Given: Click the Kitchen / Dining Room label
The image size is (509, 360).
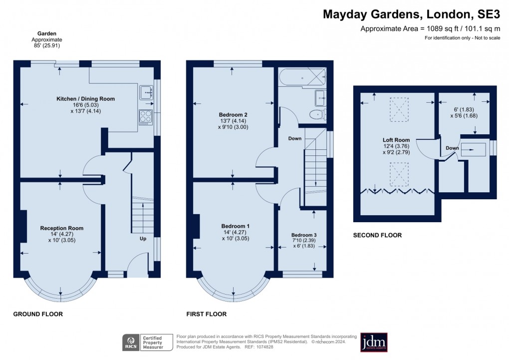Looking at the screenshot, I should click(85, 99).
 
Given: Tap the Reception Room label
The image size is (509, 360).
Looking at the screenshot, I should click(62, 228).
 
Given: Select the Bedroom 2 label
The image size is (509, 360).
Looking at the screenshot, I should click(234, 114).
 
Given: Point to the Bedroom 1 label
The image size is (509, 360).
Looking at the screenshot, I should click(235, 226).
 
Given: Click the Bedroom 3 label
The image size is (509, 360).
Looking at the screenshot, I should click(304, 235).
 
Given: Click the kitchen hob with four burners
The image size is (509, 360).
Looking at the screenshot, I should click(145, 117).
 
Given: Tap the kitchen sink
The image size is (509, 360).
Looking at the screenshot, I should click(146, 92).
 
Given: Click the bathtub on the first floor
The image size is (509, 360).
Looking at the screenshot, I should click(301, 77).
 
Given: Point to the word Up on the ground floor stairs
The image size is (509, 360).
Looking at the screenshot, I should click(143, 239).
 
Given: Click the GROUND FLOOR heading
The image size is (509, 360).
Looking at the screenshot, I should click(38, 315).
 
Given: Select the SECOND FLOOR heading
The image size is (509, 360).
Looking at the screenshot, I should click(377, 235).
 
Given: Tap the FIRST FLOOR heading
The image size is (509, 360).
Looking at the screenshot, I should click(206, 315).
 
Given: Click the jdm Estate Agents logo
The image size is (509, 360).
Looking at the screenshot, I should click(374, 343).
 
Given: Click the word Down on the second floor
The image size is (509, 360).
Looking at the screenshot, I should click(452, 148).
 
